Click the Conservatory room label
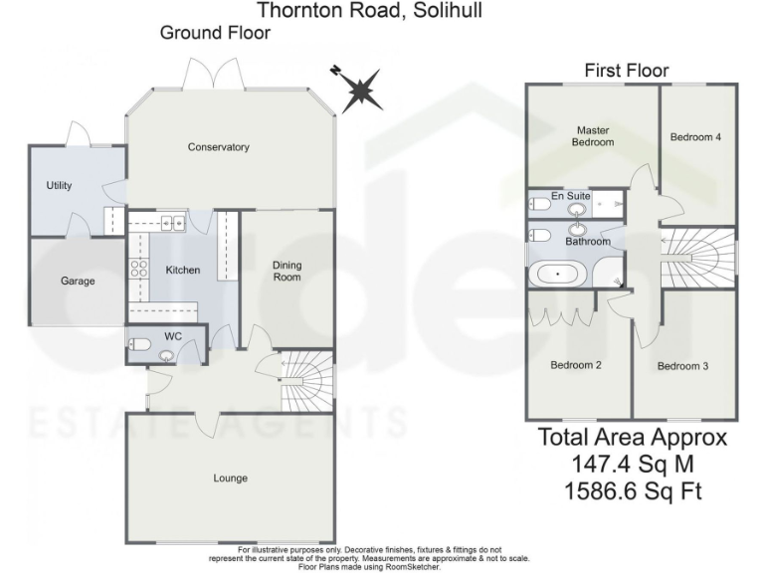(219, 147)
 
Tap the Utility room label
(60, 185)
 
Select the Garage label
(79, 281)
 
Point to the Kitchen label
(183, 270)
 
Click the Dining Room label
(287, 271)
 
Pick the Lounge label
(230, 478)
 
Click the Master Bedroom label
(593, 135)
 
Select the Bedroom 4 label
(696, 137)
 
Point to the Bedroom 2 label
(577, 365)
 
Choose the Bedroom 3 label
(683, 366)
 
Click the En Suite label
(571, 196)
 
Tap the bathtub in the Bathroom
(557, 272)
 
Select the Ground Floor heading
(215, 33)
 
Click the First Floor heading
(627, 70)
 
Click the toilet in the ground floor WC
(141, 345)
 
